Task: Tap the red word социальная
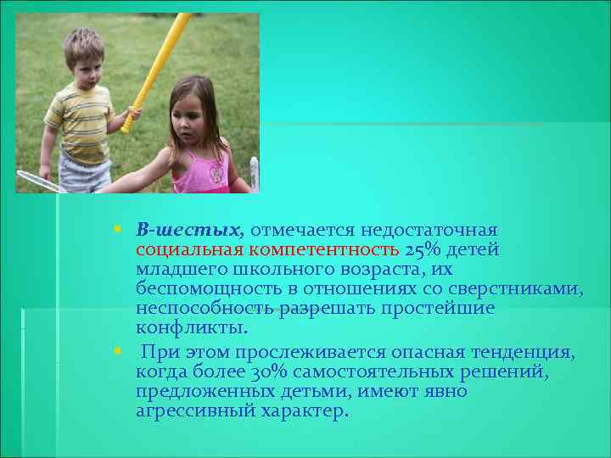pyautogui.click(x=188, y=249)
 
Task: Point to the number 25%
pyautogui.click(x=424, y=249)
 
